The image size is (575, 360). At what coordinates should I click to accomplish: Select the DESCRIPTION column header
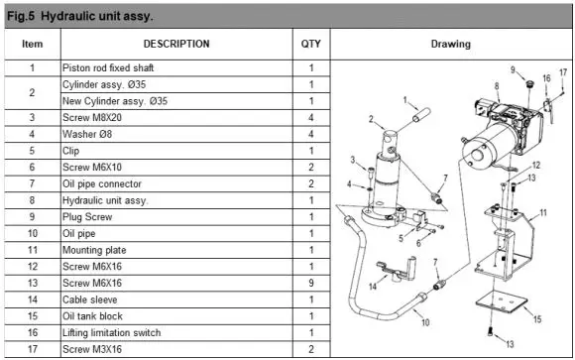pos(175,45)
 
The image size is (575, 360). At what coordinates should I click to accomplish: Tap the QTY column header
pos(310,45)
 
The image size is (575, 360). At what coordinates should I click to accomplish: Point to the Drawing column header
pos(451,45)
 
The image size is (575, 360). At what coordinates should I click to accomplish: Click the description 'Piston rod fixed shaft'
pos(108,67)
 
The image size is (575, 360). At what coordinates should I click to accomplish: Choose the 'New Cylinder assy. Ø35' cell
pos(117,101)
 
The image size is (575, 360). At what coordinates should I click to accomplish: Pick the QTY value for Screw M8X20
pos(310,118)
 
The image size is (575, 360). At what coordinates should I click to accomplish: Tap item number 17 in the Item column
pos(33,349)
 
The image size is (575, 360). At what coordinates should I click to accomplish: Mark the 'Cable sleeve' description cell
pos(91,299)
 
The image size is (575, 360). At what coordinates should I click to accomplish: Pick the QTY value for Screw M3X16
pos(310,349)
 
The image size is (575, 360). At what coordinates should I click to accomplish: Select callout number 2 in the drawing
pos(371,119)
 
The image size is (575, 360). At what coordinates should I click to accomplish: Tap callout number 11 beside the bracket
pos(543,213)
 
